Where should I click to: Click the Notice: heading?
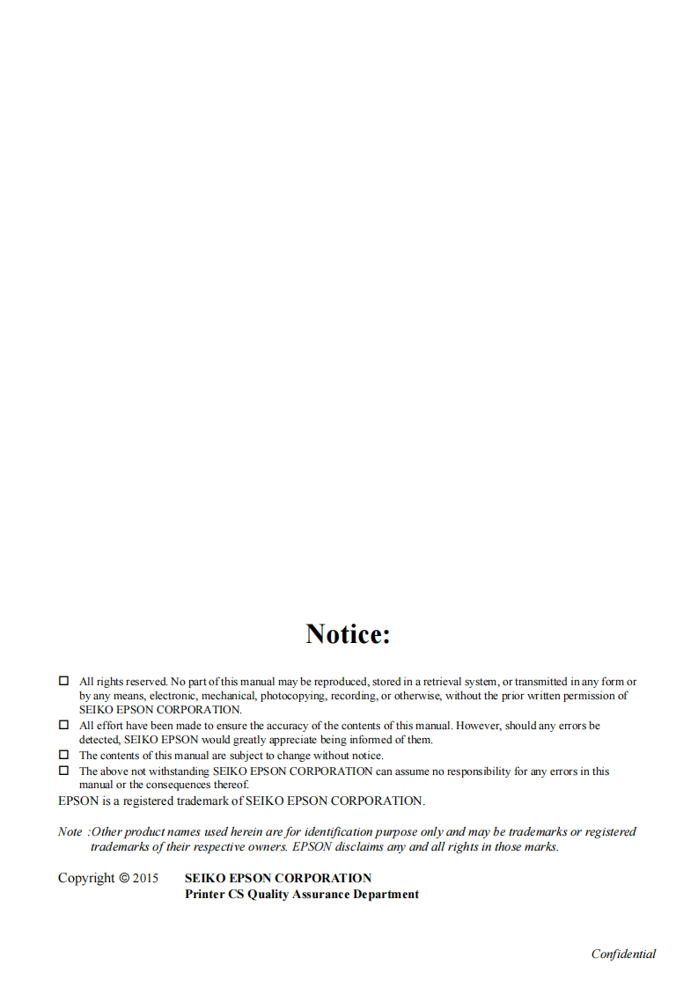click(348, 633)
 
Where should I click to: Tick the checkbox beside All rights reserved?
click(63, 681)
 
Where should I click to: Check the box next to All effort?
click(63, 725)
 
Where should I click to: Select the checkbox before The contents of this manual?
click(63, 755)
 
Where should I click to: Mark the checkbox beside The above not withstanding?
click(63, 771)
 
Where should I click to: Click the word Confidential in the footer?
click(623, 954)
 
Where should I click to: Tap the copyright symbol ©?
click(124, 878)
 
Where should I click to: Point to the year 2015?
click(146, 878)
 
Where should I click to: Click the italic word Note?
click(70, 831)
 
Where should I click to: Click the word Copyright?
click(86, 878)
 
